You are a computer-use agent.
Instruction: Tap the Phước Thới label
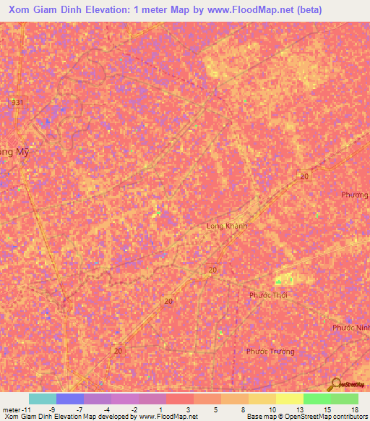(267, 295)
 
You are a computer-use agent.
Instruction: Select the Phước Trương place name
(270, 352)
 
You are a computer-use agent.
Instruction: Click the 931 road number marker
(17, 103)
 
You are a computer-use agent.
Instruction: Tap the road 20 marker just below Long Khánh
(212, 269)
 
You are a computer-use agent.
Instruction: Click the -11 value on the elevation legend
(25, 409)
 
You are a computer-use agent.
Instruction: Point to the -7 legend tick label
(79, 409)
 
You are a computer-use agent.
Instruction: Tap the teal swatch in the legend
(43, 399)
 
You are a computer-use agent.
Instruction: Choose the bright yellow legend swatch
(290, 399)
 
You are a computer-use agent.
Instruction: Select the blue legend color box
(70, 399)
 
